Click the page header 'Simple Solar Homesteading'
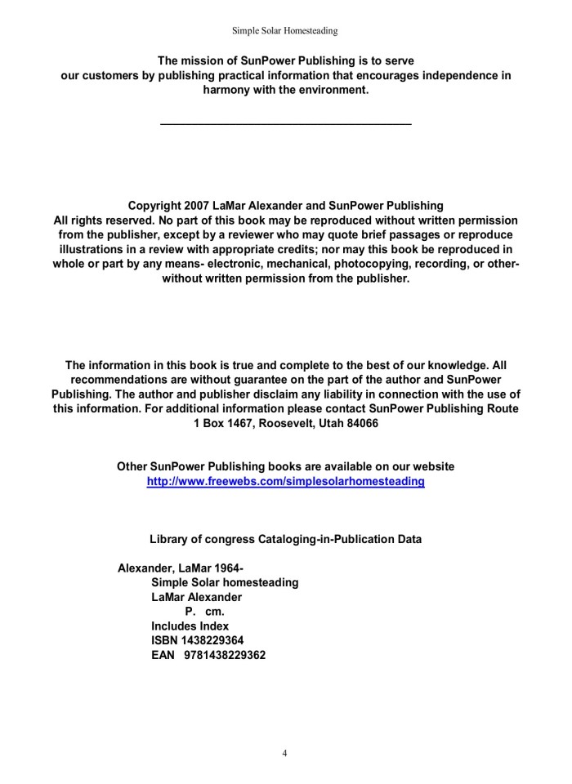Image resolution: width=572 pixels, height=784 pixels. click(x=285, y=31)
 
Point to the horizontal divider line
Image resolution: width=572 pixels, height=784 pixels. click(x=285, y=124)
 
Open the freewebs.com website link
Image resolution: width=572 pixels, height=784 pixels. click(x=285, y=482)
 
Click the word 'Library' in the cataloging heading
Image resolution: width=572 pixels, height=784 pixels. click(x=169, y=539)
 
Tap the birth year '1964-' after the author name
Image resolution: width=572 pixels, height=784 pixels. click(x=229, y=568)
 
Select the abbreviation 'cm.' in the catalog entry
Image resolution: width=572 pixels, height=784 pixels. click(x=215, y=612)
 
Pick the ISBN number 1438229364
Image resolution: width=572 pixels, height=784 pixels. click(x=210, y=640)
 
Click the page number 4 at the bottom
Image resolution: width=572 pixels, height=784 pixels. click(x=284, y=753)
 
